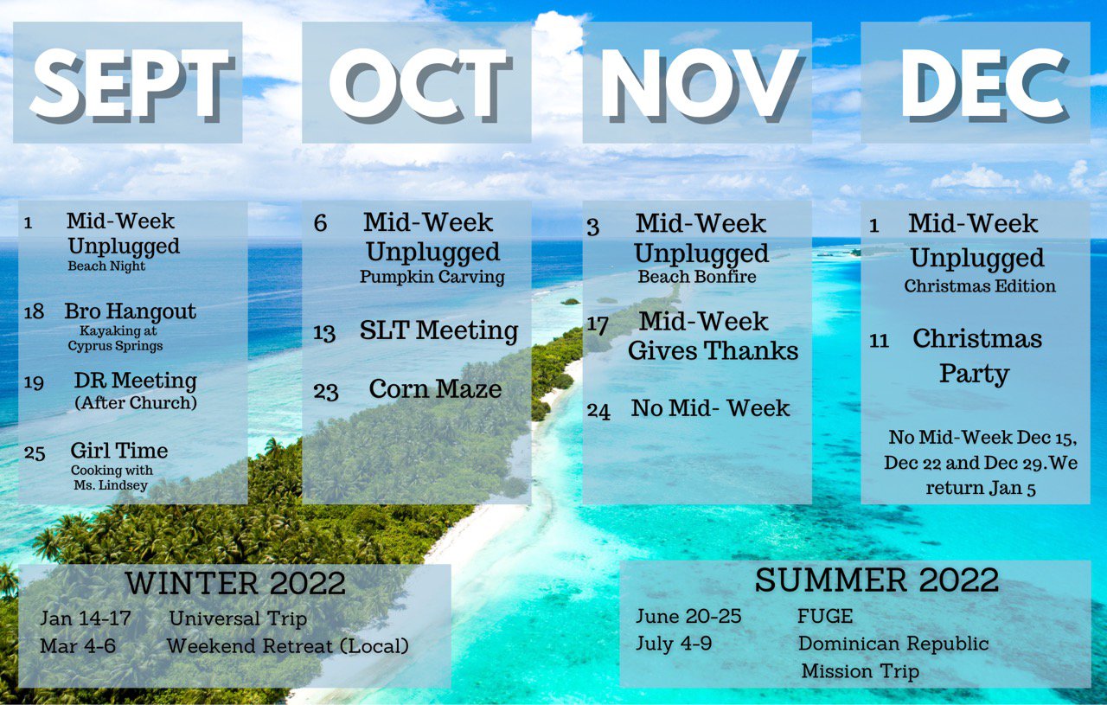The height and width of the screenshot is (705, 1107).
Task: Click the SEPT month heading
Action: point(131,86)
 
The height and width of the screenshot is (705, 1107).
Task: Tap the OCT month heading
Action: point(420,86)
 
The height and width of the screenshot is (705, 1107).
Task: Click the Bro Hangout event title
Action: point(130,311)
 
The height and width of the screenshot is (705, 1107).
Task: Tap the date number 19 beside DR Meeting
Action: point(34,382)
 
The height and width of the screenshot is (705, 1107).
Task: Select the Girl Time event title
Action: point(119,451)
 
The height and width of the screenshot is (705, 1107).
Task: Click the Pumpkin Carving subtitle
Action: point(432,276)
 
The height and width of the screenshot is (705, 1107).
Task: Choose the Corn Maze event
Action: point(435,388)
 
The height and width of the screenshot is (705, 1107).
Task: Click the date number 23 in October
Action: point(326,392)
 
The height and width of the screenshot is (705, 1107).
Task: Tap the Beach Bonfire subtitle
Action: point(697,276)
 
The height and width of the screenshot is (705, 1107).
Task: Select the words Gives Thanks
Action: point(713,350)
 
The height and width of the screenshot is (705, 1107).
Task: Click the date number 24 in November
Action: point(598,411)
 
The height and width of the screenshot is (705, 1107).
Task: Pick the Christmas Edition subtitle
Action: point(980,285)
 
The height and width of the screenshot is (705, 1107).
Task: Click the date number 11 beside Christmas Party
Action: point(879,341)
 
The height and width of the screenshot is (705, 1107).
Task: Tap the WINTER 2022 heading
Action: point(235,583)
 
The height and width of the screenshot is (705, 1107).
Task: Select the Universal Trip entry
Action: point(238,618)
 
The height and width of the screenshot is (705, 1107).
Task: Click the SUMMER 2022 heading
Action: point(877,580)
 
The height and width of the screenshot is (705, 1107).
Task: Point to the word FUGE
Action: point(825,617)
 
